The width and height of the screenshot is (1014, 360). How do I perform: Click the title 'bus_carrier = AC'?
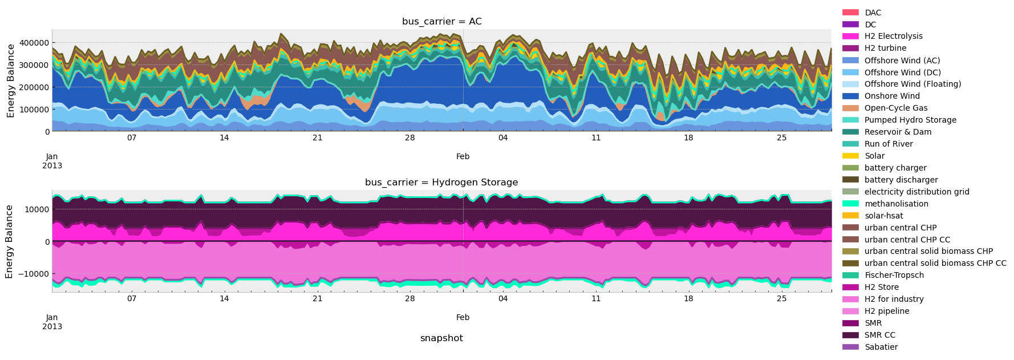pos(441,22)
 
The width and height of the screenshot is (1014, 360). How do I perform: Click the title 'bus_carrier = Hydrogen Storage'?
pos(441,183)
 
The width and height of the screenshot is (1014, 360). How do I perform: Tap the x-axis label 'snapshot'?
pos(441,338)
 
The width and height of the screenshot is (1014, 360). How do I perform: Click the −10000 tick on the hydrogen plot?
pos(33,274)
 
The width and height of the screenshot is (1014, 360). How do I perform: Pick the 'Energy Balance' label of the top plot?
pos(11,80)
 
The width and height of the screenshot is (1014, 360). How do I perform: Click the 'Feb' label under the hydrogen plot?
pos(463,317)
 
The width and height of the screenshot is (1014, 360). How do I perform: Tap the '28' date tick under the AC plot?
pos(409,138)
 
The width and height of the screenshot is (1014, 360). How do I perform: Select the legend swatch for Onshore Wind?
pos(850,96)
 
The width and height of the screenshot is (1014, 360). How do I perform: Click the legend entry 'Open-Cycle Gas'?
pos(895,108)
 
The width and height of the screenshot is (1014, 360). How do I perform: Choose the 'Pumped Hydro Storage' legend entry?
pos(910,120)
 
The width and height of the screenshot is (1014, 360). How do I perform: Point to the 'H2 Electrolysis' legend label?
pos(893,37)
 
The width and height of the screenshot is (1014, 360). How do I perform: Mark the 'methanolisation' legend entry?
pos(896,204)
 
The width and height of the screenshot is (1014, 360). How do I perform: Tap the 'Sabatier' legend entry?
pos(881,347)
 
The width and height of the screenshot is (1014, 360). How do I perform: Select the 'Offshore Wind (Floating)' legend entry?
pos(912,84)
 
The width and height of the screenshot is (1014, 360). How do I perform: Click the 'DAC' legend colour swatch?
pos(850,13)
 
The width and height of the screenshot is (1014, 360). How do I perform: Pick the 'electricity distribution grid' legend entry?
pos(916,192)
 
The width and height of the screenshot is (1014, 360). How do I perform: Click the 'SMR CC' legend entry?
pos(879,335)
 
